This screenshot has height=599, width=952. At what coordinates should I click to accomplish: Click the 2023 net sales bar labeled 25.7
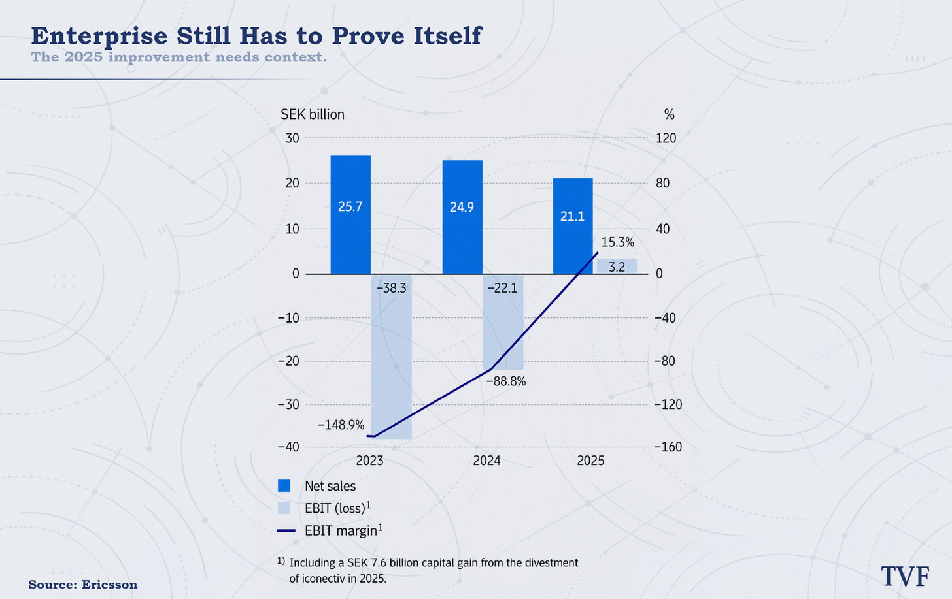(350, 215)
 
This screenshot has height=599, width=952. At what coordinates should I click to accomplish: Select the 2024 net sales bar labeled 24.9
(462, 217)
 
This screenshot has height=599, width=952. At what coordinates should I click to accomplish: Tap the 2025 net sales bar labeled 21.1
(573, 226)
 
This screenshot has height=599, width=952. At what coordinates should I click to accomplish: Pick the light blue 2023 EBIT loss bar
(392, 357)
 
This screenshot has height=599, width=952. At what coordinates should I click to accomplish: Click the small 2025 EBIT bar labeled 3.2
(617, 267)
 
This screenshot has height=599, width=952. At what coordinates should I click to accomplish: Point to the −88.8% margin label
(506, 381)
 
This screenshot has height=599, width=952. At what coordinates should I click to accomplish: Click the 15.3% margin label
(617, 242)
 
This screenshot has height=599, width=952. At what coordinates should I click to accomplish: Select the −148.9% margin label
(341, 425)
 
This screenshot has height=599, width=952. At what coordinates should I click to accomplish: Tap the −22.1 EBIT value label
(502, 289)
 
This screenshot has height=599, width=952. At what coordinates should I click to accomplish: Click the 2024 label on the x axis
(486, 461)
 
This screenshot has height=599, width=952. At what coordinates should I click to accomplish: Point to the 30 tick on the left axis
(292, 138)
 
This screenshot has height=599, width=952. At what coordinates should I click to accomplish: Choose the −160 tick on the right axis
(668, 447)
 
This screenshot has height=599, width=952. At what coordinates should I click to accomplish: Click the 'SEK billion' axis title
(313, 114)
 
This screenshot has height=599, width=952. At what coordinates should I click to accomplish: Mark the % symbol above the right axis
(670, 114)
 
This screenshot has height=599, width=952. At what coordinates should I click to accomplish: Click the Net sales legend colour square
(284, 485)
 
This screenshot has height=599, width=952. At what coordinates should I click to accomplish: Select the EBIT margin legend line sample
(286, 530)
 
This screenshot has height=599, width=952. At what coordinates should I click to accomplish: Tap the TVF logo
(905, 577)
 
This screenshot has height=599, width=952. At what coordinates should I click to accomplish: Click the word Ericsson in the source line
(110, 585)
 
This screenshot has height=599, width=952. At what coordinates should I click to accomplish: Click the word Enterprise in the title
(99, 36)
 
